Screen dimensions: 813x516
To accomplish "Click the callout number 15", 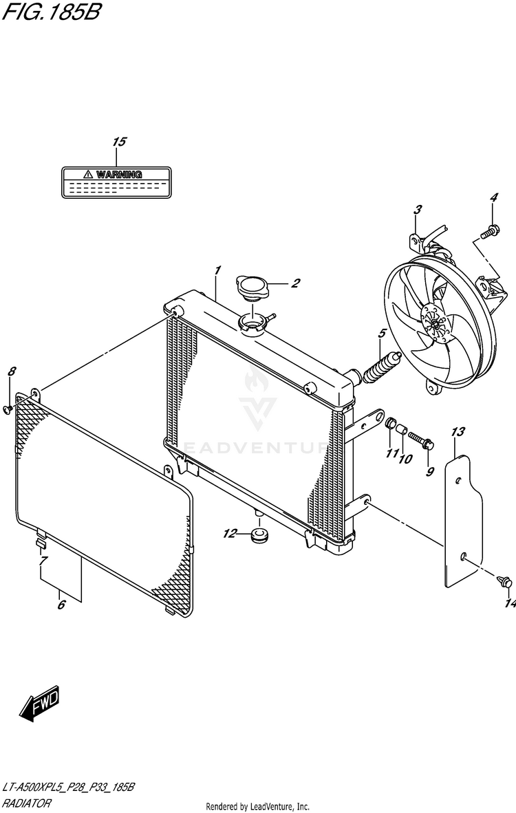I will (x=119, y=142).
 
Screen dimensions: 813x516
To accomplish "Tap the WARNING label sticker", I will (x=116, y=182).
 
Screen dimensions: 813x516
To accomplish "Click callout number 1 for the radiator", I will (x=217, y=270).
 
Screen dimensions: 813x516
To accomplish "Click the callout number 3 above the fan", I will (x=417, y=209).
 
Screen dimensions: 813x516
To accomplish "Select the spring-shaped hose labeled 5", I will (x=380, y=368).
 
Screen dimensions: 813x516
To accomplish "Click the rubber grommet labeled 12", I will (x=259, y=534).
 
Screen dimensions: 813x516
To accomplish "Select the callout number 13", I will (x=458, y=432).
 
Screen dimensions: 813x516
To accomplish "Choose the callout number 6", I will (x=61, y=605).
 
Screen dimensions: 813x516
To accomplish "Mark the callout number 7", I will (x=43, y=561).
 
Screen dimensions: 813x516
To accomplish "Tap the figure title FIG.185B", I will (x=50, y=12).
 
